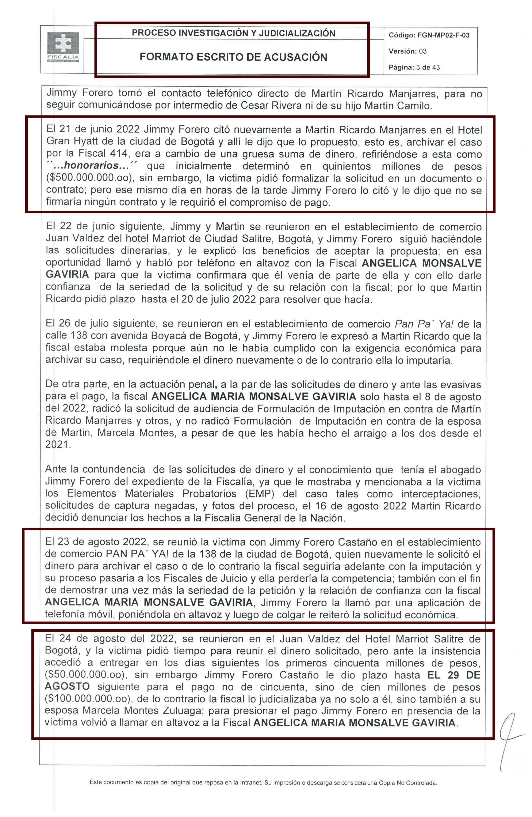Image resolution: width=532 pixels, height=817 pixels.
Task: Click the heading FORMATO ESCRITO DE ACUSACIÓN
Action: pyautogui.click(x=233, y=57)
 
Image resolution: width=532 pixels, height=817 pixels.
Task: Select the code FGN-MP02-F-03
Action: pyautogui.click(x=443, y=35)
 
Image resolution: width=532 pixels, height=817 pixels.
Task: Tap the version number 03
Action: pyautogui.click(x=422, y=51)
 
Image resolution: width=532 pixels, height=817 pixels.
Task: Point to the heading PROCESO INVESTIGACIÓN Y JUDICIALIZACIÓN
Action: pyautogui.click(x=233, y=33)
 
